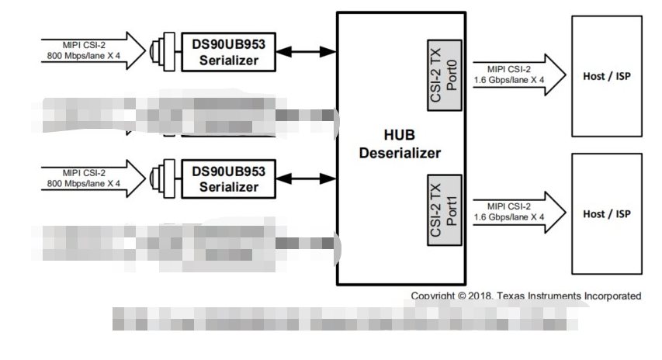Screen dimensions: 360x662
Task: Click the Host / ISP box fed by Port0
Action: click(x=606, y=76)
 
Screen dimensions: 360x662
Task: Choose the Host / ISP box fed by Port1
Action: click(x=606, y=213)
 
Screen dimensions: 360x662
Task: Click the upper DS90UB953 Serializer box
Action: click(x=228, y=52)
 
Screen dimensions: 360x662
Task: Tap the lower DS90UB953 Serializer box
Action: click(x=228, y=178)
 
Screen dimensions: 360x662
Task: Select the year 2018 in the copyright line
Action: click(x=481, y=296)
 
